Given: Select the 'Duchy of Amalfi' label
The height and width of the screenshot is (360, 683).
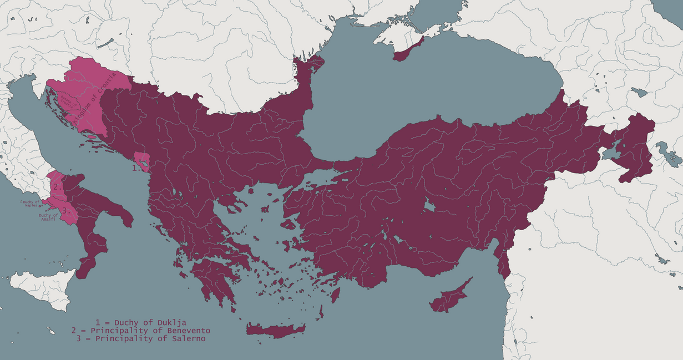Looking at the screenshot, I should [x=49, y=217].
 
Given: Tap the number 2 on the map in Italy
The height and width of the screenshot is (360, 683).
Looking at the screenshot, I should [x=57, y=187].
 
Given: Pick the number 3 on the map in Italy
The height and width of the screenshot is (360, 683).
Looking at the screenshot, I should [x=66, y=210].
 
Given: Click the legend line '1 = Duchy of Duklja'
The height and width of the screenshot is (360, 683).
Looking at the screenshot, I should [x=141, y=322].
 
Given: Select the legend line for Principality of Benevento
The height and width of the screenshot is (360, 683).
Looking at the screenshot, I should [x=141, y=331].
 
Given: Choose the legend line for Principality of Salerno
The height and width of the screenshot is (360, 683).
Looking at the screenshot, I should [x=141, y=338].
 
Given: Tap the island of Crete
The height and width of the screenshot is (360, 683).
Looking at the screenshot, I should [x=275, y=329].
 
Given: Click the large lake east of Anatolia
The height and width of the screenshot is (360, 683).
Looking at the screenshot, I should [x=610, y=152].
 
